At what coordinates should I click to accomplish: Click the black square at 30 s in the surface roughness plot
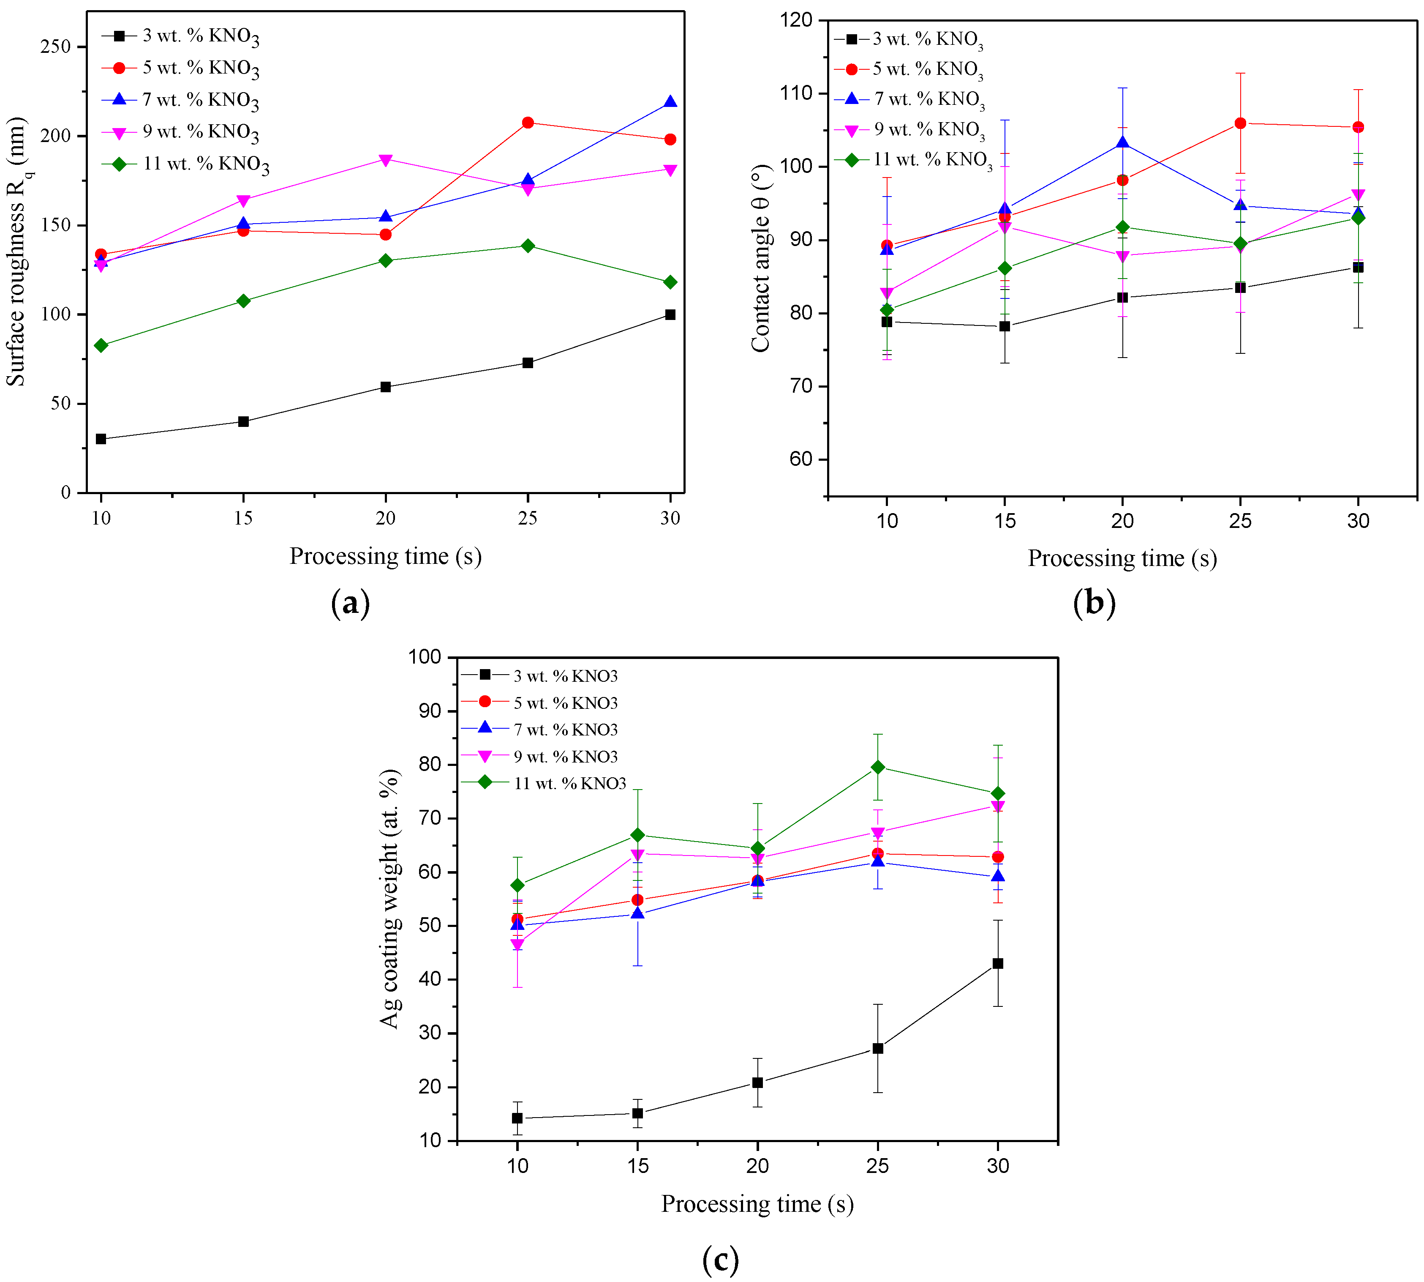[x=670, y=314]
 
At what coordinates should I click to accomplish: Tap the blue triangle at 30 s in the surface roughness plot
[x=670, y=102]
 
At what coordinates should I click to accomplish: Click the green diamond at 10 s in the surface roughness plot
[x=101, y=345]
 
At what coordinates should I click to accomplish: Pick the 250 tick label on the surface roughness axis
[x=56, y=46]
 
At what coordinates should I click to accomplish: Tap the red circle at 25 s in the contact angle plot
[x=1240, y=123]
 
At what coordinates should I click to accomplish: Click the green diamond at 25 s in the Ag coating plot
[x=878, y=767]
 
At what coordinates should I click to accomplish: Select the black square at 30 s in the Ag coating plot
[x=997, y=964]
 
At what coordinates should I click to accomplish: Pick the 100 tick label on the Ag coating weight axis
[x=425, y=657]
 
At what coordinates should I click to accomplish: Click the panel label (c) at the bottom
[x=720, y=1259]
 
